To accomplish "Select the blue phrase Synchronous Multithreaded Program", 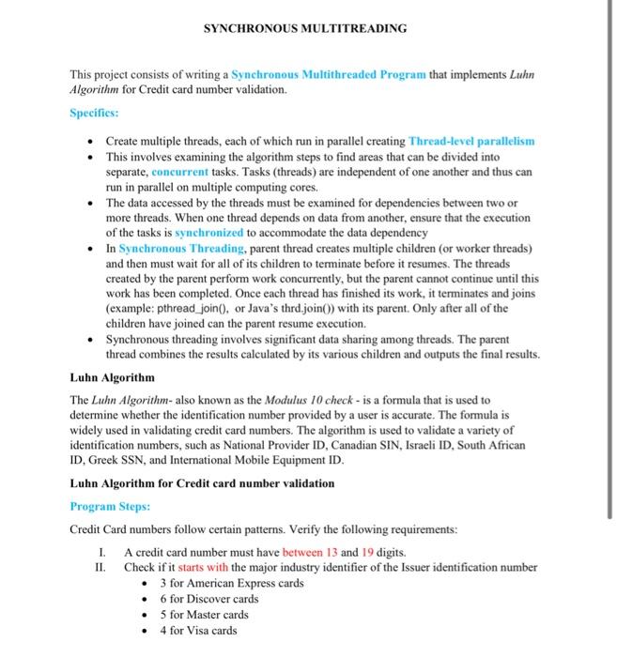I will click(329, 73).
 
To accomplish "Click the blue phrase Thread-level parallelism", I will click(471, 141).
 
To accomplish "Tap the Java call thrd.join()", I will click(293, 308).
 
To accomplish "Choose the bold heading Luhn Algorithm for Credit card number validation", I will click(202, 483).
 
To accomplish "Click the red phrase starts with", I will click(203, 567).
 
